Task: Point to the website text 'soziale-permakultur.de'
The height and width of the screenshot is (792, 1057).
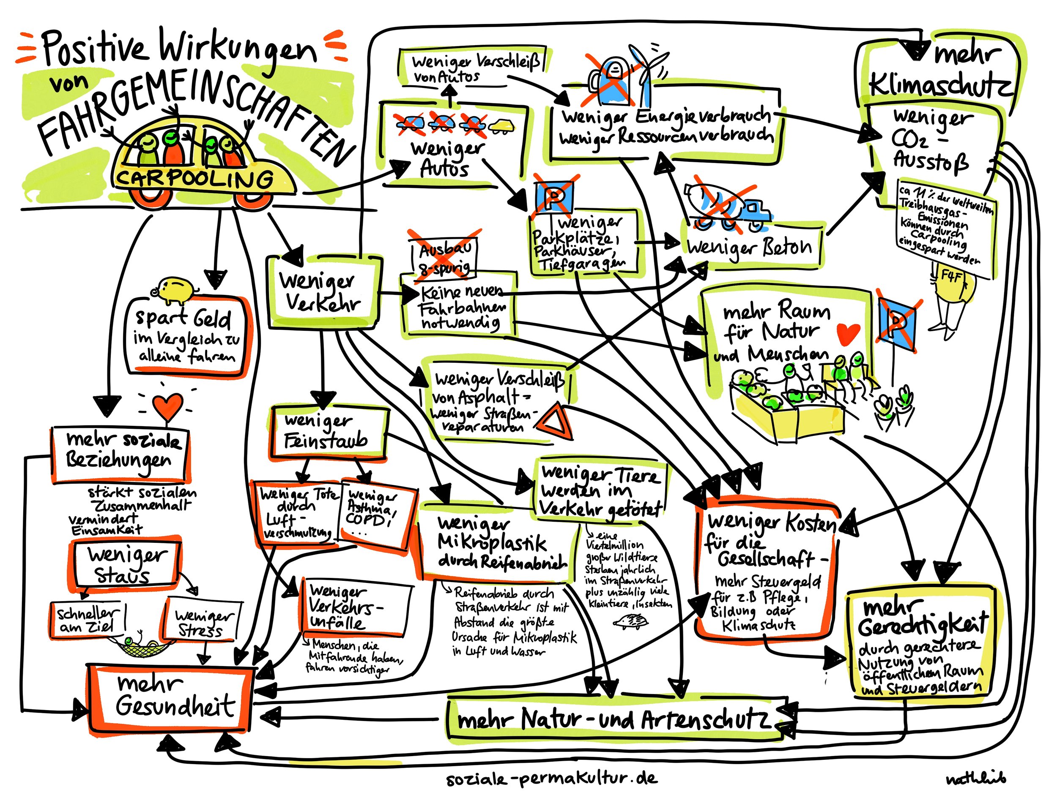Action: (552, 778)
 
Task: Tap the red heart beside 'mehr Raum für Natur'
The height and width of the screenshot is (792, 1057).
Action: (848, 333)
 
